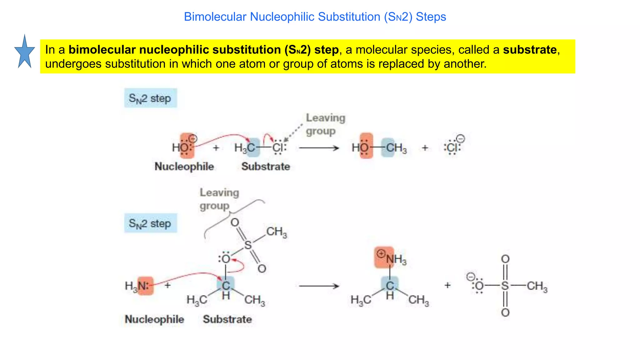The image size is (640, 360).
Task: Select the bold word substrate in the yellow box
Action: [x=530, y=50]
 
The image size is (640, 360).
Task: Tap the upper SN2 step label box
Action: [x=150, y=98]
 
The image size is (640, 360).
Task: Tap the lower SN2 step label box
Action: [x=150, y=223]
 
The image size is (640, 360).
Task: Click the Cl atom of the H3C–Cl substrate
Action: [x=278, y=147]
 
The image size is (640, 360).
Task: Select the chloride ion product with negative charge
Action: [x=452, y=147]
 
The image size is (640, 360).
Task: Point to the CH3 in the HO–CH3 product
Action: [x=396, y=147]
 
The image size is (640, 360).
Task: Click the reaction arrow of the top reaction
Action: [x=319, y=147]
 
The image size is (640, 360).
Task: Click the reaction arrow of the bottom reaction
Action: [x=319, y=286]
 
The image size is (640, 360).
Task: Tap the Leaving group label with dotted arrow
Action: [x=325, y=124]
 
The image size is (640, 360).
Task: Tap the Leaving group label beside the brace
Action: [x=219, y=199]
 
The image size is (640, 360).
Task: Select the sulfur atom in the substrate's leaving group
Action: [x=248, y=245]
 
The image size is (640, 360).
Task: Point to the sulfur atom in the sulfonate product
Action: [x=505, y=286]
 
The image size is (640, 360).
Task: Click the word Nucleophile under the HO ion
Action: [x=184, y=167]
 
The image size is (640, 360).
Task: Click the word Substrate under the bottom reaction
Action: [x=227, y=319]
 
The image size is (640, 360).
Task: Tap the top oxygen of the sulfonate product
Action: [x=505, y=259]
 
